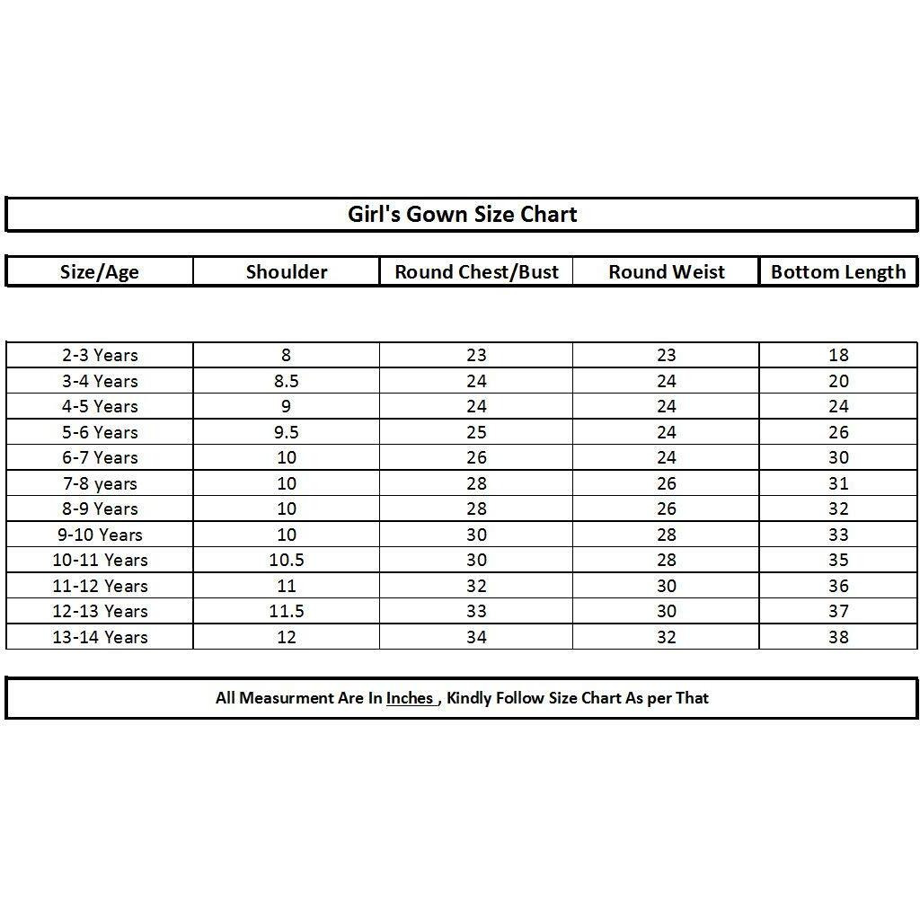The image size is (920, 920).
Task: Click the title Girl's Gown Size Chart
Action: coord(462,215)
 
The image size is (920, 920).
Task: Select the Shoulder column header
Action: coord(287,272)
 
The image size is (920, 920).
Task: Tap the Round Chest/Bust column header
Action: coord(476,272)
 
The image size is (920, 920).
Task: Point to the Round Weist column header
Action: coord(666,272)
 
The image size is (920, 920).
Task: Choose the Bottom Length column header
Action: coord(838,272)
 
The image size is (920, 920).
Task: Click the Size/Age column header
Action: coord(100,272)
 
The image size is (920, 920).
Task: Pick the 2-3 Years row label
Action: coord(100,355)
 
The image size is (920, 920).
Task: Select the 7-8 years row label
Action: coord(100,483)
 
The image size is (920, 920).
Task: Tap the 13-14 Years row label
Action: coord(100,637)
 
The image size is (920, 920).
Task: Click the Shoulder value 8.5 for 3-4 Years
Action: coord(287,381)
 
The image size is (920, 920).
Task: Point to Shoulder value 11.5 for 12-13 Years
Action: coord(287,611)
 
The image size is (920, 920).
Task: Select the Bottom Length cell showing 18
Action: coord(838,355)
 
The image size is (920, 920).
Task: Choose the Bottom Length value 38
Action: coord(838,637)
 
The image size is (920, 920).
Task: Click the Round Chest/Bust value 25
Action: coord(476,432)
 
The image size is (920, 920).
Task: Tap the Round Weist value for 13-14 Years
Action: coord(666,637)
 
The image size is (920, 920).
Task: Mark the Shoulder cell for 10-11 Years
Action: coord(287,560)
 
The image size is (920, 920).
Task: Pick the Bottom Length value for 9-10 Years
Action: coord(838,535)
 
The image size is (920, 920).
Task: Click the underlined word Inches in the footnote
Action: coord(410,698)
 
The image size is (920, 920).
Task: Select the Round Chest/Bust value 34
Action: coord(476,637)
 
